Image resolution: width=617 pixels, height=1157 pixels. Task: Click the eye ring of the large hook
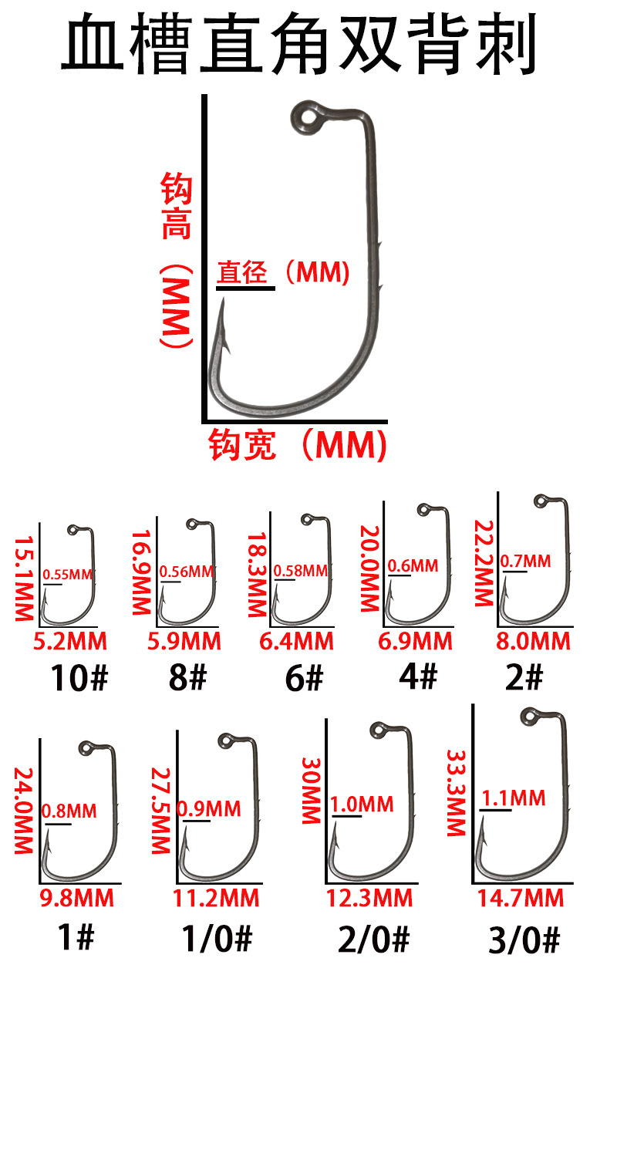[308, 119]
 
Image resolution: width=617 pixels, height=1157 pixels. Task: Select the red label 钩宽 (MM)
[297, 446]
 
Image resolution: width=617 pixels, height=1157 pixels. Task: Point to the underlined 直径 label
[242, 272]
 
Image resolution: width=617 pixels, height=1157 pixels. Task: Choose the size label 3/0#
[524, 941]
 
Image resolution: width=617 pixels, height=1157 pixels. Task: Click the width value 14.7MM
[521, 898]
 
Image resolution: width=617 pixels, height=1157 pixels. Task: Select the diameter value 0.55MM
[67, 575]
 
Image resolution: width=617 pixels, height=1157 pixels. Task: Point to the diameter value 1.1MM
[514, 798]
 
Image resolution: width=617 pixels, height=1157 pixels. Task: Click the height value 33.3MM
[456, 792]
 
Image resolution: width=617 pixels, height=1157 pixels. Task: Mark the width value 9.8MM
[77, 898]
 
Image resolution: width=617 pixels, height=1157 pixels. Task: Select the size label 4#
[418, 676]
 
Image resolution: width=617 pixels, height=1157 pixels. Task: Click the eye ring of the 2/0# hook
[378, 730]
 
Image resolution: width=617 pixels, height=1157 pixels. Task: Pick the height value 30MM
[310, 791]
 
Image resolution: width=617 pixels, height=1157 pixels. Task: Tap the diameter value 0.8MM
[69, 811]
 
